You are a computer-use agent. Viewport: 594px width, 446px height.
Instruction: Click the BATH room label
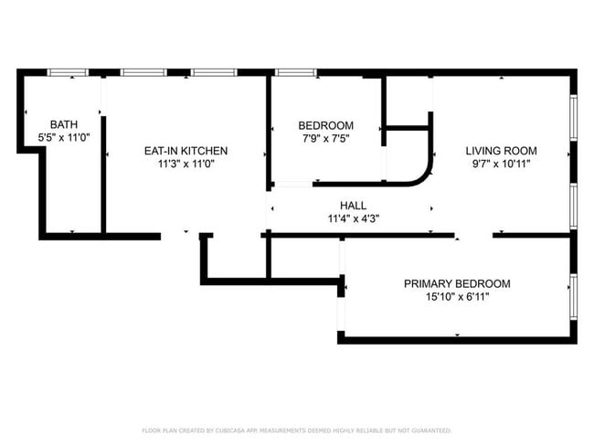(x=64, y=124)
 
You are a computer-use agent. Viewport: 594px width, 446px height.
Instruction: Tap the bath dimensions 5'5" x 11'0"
(x=64, y=137)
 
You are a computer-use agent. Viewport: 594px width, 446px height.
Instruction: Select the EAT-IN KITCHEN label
(x=186, y=151)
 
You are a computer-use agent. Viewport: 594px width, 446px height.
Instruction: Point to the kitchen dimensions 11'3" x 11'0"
(x=186, y=164)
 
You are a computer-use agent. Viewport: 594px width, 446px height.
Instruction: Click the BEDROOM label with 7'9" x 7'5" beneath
(x=326, y=125)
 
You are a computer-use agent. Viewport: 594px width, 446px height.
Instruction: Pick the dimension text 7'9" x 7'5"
(x=326, y=138)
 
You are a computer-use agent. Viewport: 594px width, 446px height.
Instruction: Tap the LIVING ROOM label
(x=501, y=151)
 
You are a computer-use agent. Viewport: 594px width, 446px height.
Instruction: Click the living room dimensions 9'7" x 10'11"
(x=501, y=164)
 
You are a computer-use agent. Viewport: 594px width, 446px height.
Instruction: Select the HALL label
(x=353, y=206)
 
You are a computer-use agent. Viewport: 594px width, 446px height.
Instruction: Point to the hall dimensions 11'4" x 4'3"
(x=354, y=218)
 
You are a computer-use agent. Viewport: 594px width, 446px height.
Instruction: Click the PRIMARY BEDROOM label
(x=457, y=284)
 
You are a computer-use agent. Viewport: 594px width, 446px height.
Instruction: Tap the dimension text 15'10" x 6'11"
(x=457, y=297)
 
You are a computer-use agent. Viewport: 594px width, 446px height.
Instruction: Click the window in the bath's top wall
(x=68, y=72)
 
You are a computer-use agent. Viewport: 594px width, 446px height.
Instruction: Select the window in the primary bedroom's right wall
(x=574, y=297)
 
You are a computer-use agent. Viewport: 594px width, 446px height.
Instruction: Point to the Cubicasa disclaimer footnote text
(x=297, y=430)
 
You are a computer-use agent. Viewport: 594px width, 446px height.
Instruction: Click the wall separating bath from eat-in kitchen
(x=103, y=175)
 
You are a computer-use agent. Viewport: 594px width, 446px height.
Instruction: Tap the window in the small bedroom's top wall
(x=295, y=72)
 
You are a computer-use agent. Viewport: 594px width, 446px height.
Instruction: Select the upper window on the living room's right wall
(x=574, y=118)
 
